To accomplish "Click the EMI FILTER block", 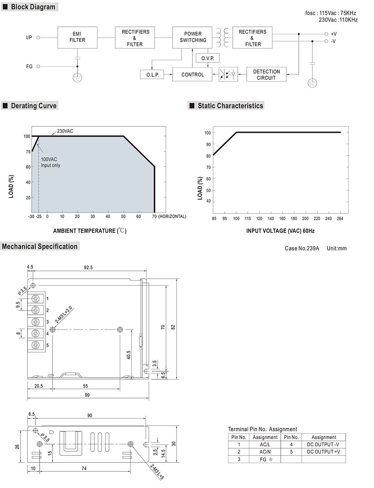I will pos(77,37).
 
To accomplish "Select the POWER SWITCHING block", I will pos(192,37).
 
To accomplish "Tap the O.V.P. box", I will pos(208,58).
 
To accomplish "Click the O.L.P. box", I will pos(152,74).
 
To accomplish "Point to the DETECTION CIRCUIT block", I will pos(266,74).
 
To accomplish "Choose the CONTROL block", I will pos(192,74).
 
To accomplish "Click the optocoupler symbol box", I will pos(228,74).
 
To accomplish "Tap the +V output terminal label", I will pos(333,34).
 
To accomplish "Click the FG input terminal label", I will pos(29,67).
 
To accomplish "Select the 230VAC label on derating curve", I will pos(65,131).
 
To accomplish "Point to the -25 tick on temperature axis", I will pos(39,217).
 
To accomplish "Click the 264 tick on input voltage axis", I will pos(340,219).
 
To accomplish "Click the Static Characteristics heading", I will pos(230,106).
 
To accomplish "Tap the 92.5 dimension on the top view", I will pos(88,267).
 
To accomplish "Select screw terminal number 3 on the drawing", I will pos(36,322).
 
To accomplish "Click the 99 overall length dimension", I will pos(87,395).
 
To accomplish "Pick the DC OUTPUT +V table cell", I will pos(323,452).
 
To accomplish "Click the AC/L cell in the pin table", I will pos(265,445).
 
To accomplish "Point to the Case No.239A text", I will pos(301,248).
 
